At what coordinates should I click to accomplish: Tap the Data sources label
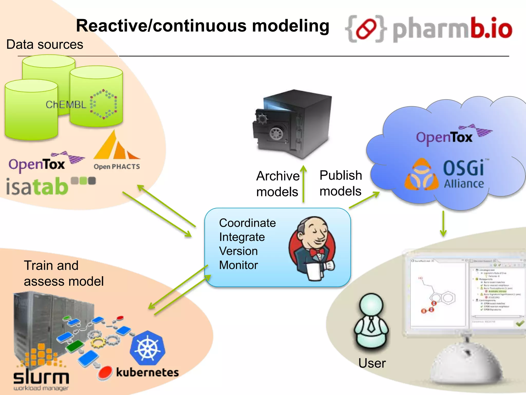coord(45,44)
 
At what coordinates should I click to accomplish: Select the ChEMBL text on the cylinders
coord(66,105)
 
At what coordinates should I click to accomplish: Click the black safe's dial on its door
coord(276,134)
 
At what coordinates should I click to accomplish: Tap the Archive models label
coord(278,184)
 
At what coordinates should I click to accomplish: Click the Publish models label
coord(341,183)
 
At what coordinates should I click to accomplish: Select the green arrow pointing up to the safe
coord(304,184)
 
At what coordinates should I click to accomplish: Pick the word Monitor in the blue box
coord(238,265)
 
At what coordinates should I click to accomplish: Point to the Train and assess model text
coord(63,273)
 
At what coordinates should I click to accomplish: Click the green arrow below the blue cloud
coord(443,224)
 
